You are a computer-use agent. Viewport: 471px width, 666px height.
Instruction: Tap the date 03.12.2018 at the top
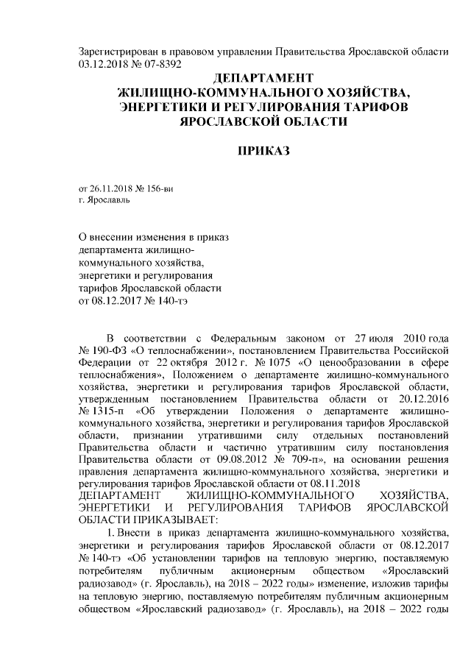tap(103, 64)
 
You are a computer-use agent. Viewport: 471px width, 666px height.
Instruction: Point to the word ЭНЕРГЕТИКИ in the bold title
tap(161, 107)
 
